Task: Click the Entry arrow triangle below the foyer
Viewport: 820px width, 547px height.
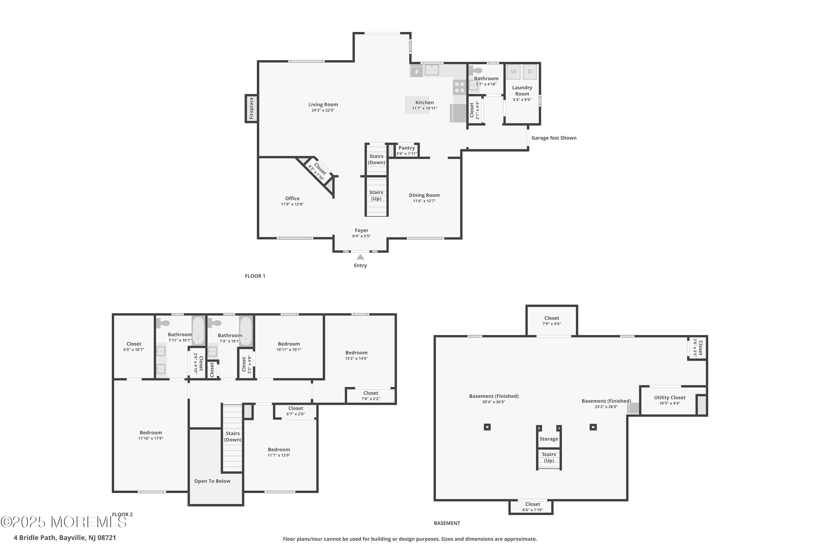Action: click(360, 257)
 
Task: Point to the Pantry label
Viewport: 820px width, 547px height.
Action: click(406, 148)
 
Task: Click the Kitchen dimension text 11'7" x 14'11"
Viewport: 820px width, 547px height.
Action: click(424, 108)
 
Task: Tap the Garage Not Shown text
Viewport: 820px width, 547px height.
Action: click(554, 138)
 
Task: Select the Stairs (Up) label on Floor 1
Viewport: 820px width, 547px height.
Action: click(376, 195)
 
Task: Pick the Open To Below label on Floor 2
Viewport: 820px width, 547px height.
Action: click(212, 481)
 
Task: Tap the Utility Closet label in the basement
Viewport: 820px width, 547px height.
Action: click(669, 397)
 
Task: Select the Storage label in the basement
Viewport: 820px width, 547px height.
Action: click(549, 439)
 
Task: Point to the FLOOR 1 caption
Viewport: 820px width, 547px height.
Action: click(255, 276)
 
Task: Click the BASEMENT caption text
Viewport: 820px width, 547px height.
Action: click(447, 523)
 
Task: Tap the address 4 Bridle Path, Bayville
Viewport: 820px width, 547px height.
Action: click(65, 538)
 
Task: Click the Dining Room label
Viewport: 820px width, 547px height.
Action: click(424, 195)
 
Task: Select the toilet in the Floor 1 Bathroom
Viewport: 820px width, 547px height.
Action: click(475, 71)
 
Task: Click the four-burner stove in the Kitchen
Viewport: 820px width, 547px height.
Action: click(459, 87)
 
